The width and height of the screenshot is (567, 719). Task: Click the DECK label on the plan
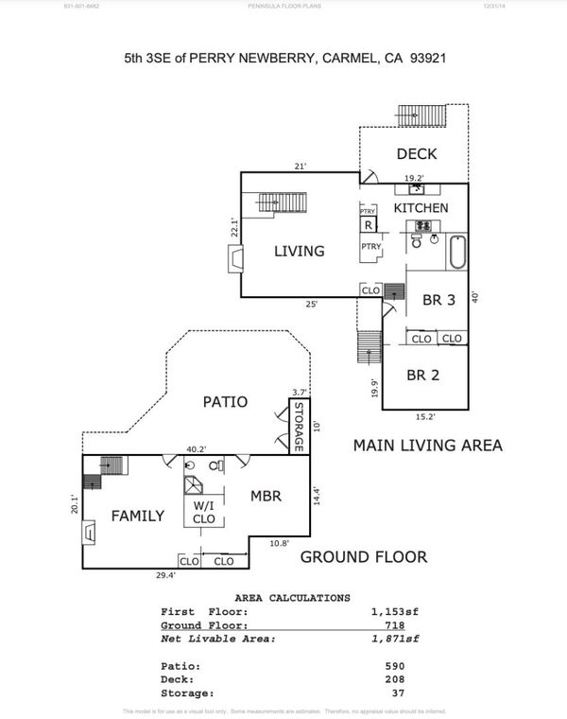click(x=417, y=154)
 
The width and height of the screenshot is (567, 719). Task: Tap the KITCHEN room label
click(x=421, y=208)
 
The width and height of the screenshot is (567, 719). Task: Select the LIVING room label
click(x=300, y=252)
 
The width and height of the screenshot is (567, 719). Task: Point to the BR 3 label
click(x=438, y=301)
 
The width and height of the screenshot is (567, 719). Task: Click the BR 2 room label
click(x=423, y=375)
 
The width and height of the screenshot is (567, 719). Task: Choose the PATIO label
click(x=225, y=402)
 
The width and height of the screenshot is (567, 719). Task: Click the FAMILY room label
click(x=138, y=517)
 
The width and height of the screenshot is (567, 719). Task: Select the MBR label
click(x=267, y=496)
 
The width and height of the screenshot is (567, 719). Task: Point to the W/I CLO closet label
click(x=204, y=512)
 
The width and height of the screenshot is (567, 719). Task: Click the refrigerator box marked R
click(x=368, y=225)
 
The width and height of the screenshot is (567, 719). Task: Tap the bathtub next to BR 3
click(x=457, y=254)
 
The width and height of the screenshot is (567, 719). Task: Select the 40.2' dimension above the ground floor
click(x=196, y=449)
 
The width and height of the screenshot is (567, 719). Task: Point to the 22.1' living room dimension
click(x=233, y=227)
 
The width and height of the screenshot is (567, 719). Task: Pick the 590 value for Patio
click(x=395, y=666)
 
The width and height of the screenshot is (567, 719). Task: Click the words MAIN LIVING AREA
click(x=427, y=445)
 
